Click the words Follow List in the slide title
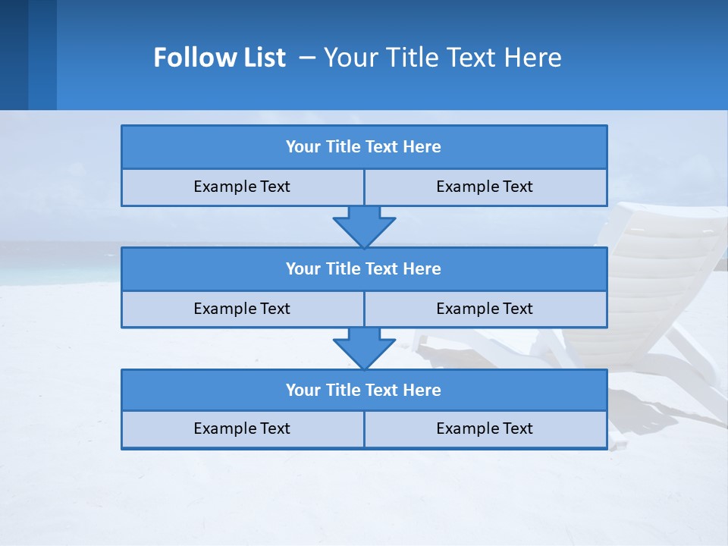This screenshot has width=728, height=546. (x=219, y=58)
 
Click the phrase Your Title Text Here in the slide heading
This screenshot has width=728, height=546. (x=442, y=58)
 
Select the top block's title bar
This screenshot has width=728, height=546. (x=364, y=147)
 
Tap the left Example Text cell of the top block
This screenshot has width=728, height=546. (x=242, y=187)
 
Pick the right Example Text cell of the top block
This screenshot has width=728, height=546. (x=485, y=187)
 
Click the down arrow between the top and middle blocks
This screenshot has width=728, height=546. (x=364, y=227)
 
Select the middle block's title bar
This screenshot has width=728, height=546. (x=364, y=268)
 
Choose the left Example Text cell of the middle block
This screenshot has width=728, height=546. (x=242, y=309)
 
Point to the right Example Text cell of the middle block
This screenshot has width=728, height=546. (x=485, y=309)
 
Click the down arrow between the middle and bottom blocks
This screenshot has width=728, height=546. (x=364, y=348)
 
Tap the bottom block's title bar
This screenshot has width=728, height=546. (x=364, y=390)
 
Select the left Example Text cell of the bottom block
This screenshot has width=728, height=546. (x=242, y=428)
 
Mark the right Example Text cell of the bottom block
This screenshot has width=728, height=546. (x=485, y=428)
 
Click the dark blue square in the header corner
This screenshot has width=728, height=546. (x=14, y=55)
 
